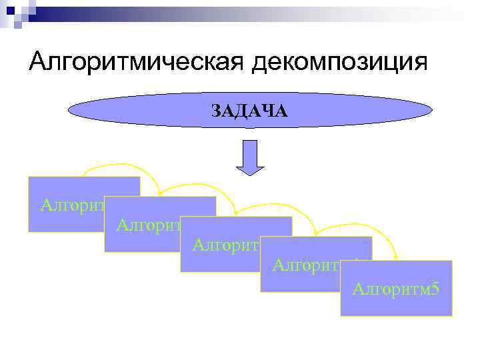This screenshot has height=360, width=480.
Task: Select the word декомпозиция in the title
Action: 339,63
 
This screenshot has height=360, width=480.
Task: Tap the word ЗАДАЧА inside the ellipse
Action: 250,111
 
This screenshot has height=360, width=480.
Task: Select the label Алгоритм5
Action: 395,289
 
